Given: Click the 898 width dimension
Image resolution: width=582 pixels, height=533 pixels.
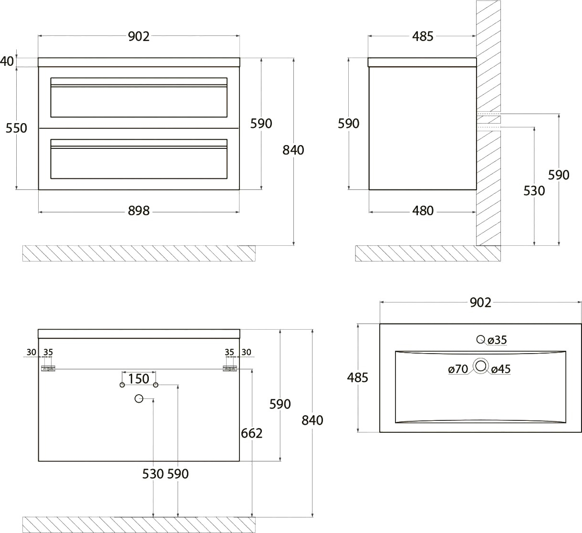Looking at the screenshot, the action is point(139,211).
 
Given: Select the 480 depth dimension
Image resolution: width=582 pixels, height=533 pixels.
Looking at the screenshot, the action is point(423,211).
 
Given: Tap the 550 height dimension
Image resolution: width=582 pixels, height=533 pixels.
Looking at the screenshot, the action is point(16,128).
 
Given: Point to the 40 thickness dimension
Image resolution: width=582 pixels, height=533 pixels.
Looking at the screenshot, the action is point(7,61).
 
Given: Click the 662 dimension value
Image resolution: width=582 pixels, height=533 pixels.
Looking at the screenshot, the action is point(251,433).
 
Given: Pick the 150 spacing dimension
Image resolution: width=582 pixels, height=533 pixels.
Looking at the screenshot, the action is point(139,379).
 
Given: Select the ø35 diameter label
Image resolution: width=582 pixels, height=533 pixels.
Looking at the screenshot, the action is point(497,340).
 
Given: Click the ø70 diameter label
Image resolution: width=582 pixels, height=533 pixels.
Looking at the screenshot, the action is point(458,369).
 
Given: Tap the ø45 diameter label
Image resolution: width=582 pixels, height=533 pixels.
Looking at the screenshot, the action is point(501,369).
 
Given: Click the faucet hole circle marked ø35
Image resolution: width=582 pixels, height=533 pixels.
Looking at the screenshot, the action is point(481,339).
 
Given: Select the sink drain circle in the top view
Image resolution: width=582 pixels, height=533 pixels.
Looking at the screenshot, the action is point(481,366).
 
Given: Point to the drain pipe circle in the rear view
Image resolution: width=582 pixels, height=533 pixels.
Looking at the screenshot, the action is point(139,398).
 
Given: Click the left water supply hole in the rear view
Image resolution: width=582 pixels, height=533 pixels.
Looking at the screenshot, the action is point(122,385).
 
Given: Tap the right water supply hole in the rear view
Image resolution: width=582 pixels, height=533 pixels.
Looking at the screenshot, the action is point(156,385).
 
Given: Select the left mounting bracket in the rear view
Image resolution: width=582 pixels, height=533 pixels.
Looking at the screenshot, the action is point(48,369).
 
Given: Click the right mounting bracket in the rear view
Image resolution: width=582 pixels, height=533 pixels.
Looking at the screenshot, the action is point(230,369).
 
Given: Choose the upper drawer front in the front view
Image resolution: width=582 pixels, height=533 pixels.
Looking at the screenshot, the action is point(139,97).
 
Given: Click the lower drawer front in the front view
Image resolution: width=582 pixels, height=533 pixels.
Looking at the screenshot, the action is point(139,159).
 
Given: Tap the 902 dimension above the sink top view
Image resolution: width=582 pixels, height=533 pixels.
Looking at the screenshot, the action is point(480,303).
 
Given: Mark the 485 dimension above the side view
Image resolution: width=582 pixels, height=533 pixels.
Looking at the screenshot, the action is point(423,36).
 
